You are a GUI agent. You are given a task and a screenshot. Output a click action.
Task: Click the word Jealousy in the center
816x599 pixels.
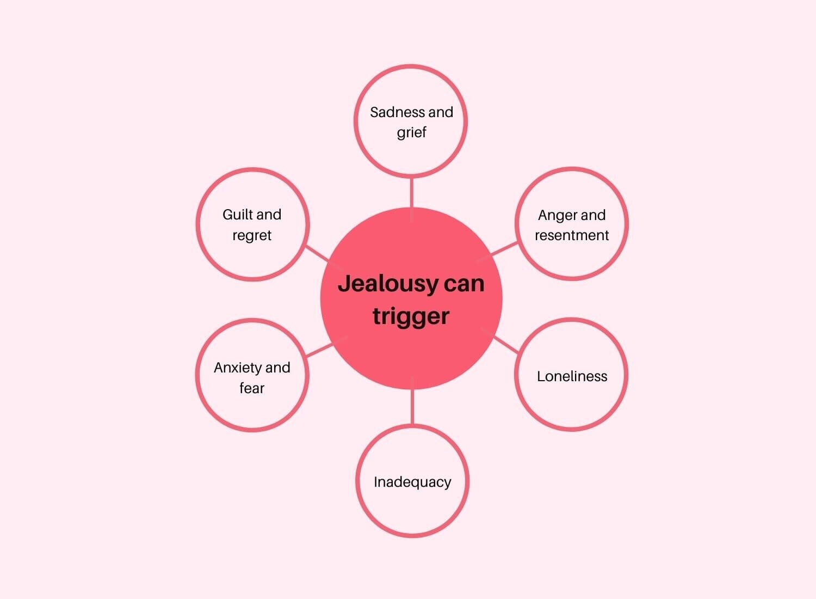click(x=380, y=284)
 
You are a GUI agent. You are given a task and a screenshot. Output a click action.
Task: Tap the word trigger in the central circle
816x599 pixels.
click(x=411, y=316)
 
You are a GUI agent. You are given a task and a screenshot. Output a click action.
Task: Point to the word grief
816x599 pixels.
click(x=411, y=132)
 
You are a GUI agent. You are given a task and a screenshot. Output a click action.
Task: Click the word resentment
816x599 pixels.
click(x=572, y=235)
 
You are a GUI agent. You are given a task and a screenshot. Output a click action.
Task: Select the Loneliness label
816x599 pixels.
click(x=572, y=376)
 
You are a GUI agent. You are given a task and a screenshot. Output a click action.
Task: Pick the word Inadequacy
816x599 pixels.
click(x=412, y=482)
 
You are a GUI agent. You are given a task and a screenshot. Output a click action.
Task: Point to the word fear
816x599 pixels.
click(x=252, y=388)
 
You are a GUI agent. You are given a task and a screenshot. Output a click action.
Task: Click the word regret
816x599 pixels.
click(x=252, y=235)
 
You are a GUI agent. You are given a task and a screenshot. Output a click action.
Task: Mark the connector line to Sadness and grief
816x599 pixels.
click(x=411, y=192)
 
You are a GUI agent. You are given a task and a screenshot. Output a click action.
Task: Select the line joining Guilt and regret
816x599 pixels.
click(x=317, y=253)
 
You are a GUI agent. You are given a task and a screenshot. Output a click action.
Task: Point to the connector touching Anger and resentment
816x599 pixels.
click(x=504, y=249)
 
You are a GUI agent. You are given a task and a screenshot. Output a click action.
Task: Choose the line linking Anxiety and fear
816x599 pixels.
click(x=320, y=350)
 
